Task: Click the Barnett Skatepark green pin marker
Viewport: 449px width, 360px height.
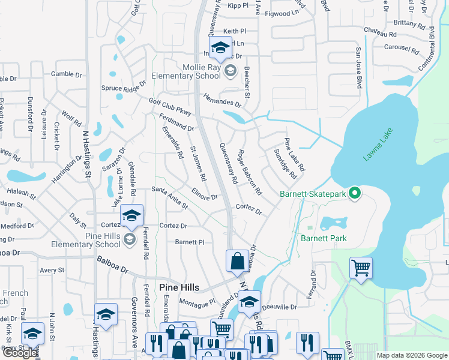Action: click(355, 193)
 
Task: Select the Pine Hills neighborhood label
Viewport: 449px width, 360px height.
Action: click(179, 287)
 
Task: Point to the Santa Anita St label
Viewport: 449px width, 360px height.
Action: click(169, 197)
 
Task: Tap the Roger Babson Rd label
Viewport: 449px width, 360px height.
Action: click(250, 173)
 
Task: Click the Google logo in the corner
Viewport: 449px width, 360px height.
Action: click(20, 353)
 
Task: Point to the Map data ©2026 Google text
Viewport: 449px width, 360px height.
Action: click(411, 355)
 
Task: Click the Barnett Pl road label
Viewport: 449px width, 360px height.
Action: click(190, 242)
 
